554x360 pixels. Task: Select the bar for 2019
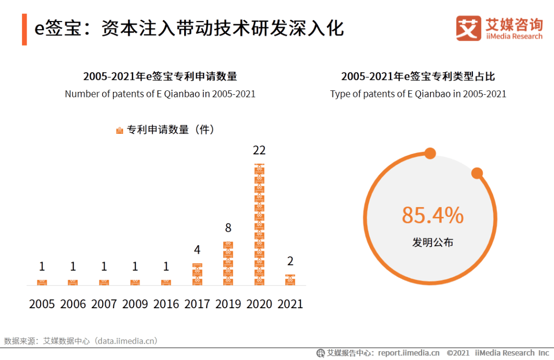[228, 263]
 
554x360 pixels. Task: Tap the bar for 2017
[197, 274]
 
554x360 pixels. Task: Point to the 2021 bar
[290, 280]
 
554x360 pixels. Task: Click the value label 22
[260, 150]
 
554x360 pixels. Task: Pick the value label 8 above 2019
[228, 228]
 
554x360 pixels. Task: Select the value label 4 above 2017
[197, 250]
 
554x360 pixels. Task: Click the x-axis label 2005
[42, 304]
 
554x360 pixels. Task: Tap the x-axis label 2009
[135, 304]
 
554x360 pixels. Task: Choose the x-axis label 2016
[166, 304]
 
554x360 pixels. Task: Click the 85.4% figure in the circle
[432, 215]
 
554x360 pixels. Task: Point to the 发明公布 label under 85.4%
[432, 243]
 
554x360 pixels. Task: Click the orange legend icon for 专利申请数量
[120, 130]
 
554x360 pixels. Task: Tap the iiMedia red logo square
[468, 28]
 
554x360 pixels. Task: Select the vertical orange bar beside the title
[24, 29]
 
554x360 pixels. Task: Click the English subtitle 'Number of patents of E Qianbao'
[160, 94]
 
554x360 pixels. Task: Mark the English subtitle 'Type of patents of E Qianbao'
[418, 94]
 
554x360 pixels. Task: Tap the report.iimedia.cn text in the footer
[409, 353]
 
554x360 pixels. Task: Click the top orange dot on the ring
[430, 153]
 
